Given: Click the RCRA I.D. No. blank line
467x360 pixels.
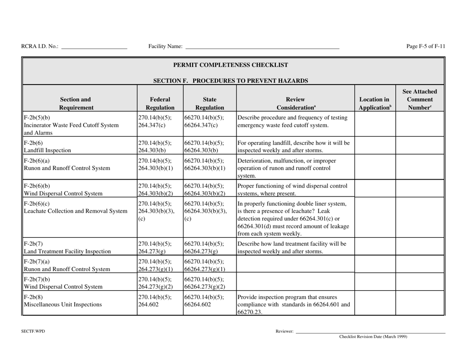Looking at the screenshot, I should pyautogui.click(x=94, y=48).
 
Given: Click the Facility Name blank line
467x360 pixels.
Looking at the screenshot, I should pyautogui.click(x=262, y=48).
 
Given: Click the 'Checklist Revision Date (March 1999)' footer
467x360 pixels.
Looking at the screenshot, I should pyautogui.click(x=373, y=337).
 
